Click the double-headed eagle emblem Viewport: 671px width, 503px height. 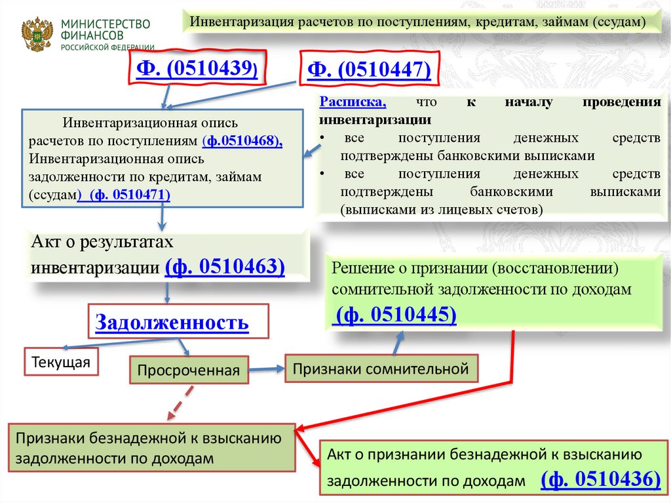pyautogui.click(x=37, y=33)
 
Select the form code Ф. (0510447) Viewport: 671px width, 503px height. pyautogui.click(x=369, y=69)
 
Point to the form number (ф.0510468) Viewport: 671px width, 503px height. pyautogui.click(x=242, y=141)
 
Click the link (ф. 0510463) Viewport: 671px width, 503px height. pyautogui.click(x=225, y=267)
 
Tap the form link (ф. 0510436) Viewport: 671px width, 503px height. pyautogui.click(x=600, y=479)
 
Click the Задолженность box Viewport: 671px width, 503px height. pyautogui.click(x=172, y=322)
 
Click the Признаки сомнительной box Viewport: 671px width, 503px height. pyautogui.click(x=381, y=369)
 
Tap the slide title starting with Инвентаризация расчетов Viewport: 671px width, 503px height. pyautogui.click(x=418, y=22)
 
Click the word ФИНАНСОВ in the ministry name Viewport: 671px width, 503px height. pyautogui.click(x=91, y=36)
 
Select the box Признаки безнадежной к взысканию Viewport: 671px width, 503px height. pyautogui.click(x=149, y=449)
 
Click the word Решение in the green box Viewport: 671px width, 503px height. pyautogui.click(x=360, y=268)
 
